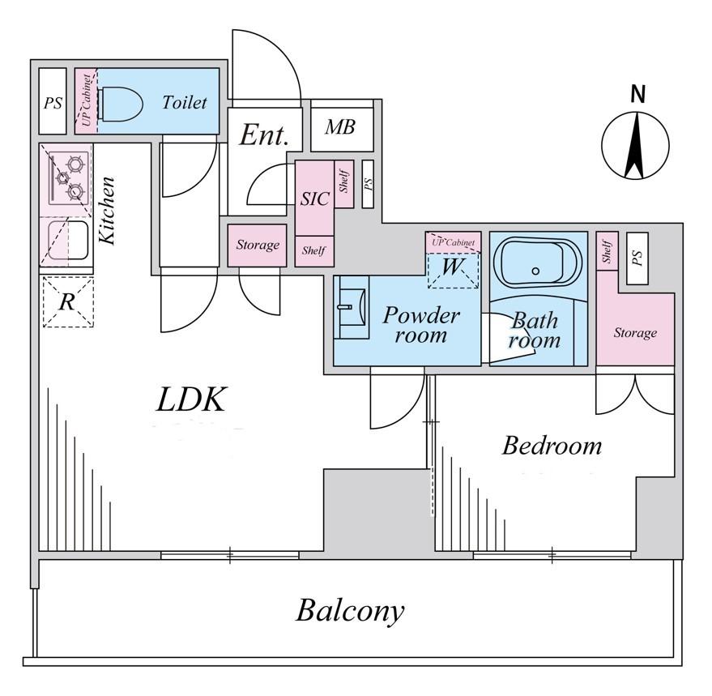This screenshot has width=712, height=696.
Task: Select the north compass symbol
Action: point(636,145)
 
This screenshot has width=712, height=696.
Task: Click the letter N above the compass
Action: point(638,95)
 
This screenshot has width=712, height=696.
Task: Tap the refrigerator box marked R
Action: point(68,301)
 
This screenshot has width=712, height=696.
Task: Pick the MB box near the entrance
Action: point(343,128)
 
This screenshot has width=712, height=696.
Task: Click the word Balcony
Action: point(349,610)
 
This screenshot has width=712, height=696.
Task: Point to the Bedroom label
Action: point(552,445)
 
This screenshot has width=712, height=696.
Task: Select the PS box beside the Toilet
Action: point(53,102)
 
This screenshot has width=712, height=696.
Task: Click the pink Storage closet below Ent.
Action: point(257,245)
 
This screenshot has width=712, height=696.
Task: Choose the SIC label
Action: point(315,199)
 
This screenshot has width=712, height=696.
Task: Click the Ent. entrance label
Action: point(264,135)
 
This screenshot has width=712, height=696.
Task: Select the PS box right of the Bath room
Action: point(637,258)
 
